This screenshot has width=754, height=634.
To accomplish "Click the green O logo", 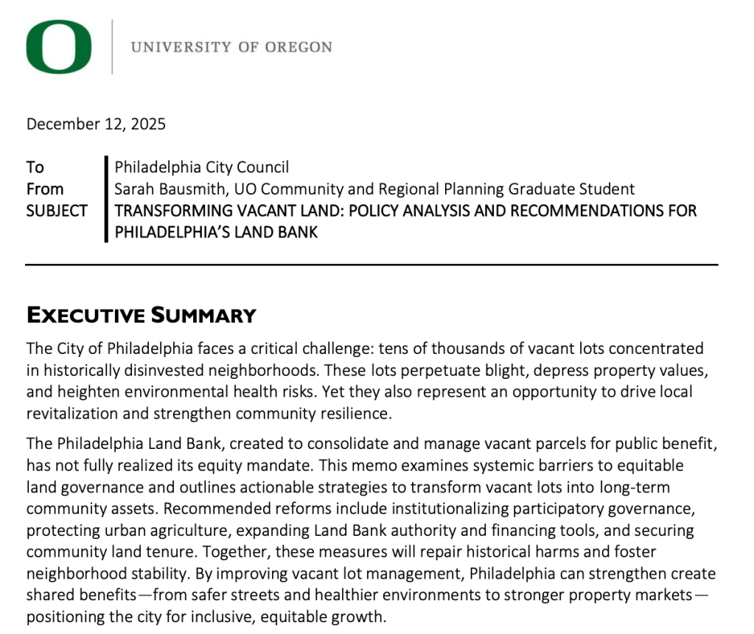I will pyautogui.click(x=59, y=46).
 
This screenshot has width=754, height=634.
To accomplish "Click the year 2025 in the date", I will pyautogui.click(x=149, y=124).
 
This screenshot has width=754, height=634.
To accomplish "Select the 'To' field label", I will pyautogui.click(x=35, y=167).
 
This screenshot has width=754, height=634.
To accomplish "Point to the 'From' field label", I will pyautogui.click(x=44, y=189).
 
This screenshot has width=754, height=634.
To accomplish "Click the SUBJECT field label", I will pyautogui.click(x=57, y=211).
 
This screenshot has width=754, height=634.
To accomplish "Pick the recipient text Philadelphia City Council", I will pyautogui.click(x=201, y=167).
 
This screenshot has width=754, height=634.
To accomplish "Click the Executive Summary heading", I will pyautogui.click(x=142, y=316).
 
